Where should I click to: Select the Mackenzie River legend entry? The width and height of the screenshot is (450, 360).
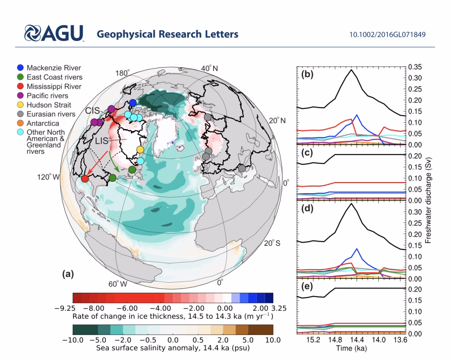pyautogui.click(x=54, y=68)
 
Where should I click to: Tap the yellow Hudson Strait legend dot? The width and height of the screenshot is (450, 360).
pyautogui.click(x=20, y=105)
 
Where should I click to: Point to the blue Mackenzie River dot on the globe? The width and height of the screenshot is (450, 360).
pyautogui.click(x=133, y=103)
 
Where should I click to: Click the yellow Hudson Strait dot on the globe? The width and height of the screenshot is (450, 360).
pyautogui.click(x=140, y=149)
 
